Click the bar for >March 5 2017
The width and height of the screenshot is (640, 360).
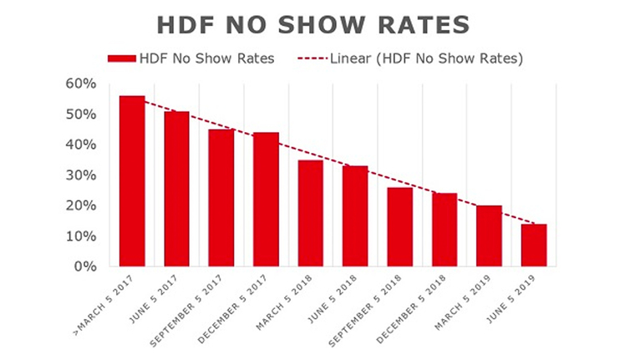point(132,181)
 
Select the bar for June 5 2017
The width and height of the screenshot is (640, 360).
point(177,189)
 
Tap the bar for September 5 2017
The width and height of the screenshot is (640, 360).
point(221,198)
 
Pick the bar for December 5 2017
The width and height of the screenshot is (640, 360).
point(267,200)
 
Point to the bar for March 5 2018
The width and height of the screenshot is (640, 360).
point(311,213)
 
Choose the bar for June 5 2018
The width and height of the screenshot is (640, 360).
point(355,216)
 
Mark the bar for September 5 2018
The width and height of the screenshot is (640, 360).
point(400,227)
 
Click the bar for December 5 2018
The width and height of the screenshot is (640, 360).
point(444,230)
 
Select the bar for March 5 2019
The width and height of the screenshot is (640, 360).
point(490,236)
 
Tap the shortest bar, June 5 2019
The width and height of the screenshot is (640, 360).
point(534,246)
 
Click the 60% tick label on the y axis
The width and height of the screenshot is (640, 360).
point(80,84)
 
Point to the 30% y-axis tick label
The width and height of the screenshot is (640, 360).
point(80,175)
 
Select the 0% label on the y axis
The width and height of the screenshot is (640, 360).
point(84,267)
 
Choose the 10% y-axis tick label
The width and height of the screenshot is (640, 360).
point(80,236)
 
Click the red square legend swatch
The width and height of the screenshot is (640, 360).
point(120,58)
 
